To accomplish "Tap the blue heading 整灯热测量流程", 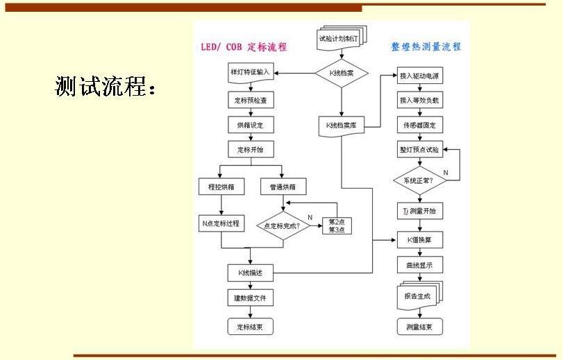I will pos(426,47).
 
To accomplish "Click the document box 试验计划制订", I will pos(341,39).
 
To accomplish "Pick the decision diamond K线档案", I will pos(342,73).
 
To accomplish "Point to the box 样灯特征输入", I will pos(250,72).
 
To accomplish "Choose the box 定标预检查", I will pos(250,101).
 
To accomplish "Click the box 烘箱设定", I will pos(250,125).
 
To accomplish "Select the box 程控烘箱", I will pos(221,187).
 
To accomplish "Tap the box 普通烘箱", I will pos(283,187).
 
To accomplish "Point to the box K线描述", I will pos(250,273).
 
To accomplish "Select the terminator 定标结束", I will pos(250,325).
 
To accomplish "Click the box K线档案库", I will pos(342,126).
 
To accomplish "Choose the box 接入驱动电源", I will pos(420,76).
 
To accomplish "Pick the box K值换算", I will pos(420,241).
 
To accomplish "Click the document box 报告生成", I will pos(419,295).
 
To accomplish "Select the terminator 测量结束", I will pos(420,326).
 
